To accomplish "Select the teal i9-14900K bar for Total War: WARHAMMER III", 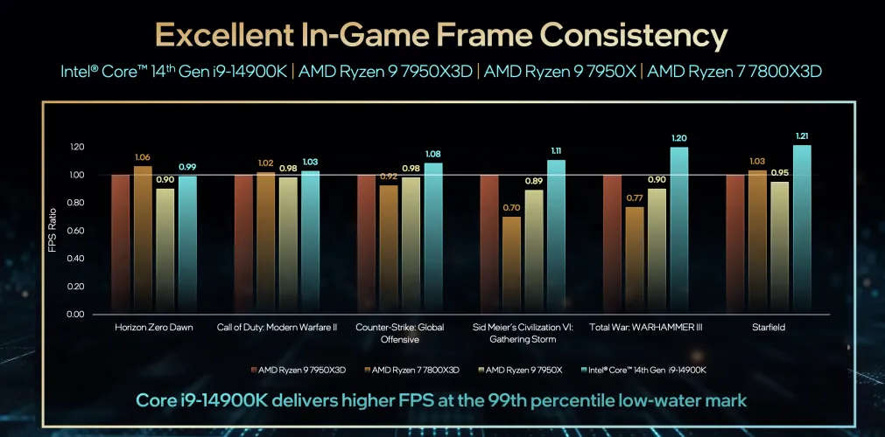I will (678, 231).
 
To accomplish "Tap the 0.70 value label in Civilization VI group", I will (511, 208).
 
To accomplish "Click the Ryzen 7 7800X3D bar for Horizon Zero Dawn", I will (142, 239).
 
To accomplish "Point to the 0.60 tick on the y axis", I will (76, 231).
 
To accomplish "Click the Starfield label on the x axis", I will (769, 328).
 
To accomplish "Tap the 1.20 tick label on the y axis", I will (76, 147).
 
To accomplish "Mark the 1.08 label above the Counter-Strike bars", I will (433, 154).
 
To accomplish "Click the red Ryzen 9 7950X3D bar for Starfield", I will (735, 244).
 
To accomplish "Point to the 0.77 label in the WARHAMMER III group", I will (634, 198).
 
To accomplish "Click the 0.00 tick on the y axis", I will (76, 314).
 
